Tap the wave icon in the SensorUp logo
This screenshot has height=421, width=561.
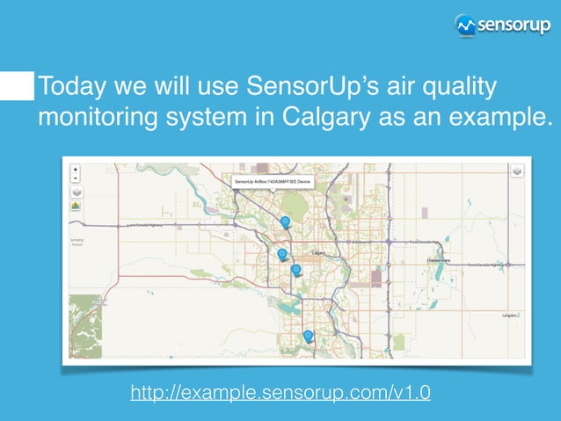click(x=466, y=25)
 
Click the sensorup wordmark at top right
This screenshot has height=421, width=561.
click(x=514, y=25)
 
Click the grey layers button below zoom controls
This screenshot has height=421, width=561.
click(x=76, y=191)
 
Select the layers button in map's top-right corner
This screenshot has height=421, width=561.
click(x=516, y=171)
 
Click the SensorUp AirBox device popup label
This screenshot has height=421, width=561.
click(x=272, y=182)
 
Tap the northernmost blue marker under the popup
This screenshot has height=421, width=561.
click(x=285, y=222)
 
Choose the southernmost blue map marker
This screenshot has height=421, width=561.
click(x=308, y=336)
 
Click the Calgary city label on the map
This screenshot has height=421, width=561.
click(x=319, y=253)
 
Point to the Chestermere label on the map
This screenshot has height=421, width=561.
click(x=439, y=260)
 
